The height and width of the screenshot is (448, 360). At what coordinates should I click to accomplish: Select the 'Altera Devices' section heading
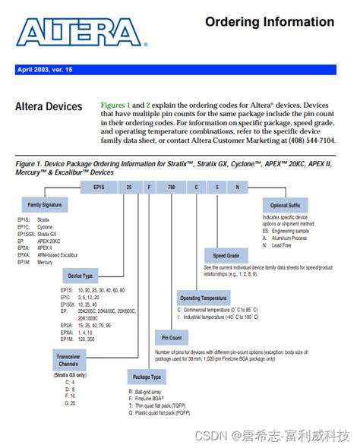pos(49,107)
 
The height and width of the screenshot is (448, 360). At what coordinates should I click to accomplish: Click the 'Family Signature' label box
pos(45,206)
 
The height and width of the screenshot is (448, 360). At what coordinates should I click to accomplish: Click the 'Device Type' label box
pos(80,276)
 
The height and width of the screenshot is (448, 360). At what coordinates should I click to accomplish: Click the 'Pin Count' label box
pos(172,337)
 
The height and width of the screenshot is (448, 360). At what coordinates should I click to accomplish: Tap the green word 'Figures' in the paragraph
pos(113,104)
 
